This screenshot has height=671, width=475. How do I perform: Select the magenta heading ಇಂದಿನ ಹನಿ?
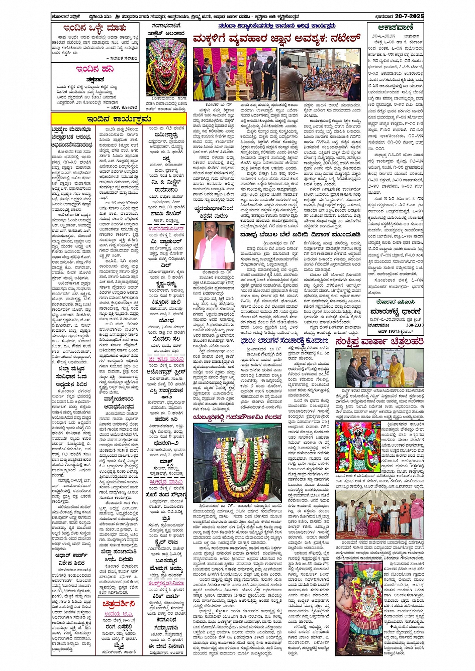(95, 69)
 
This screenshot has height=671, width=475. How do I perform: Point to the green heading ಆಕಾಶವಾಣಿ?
(396, 28)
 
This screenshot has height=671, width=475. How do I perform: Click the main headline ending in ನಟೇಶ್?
(277, 38)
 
